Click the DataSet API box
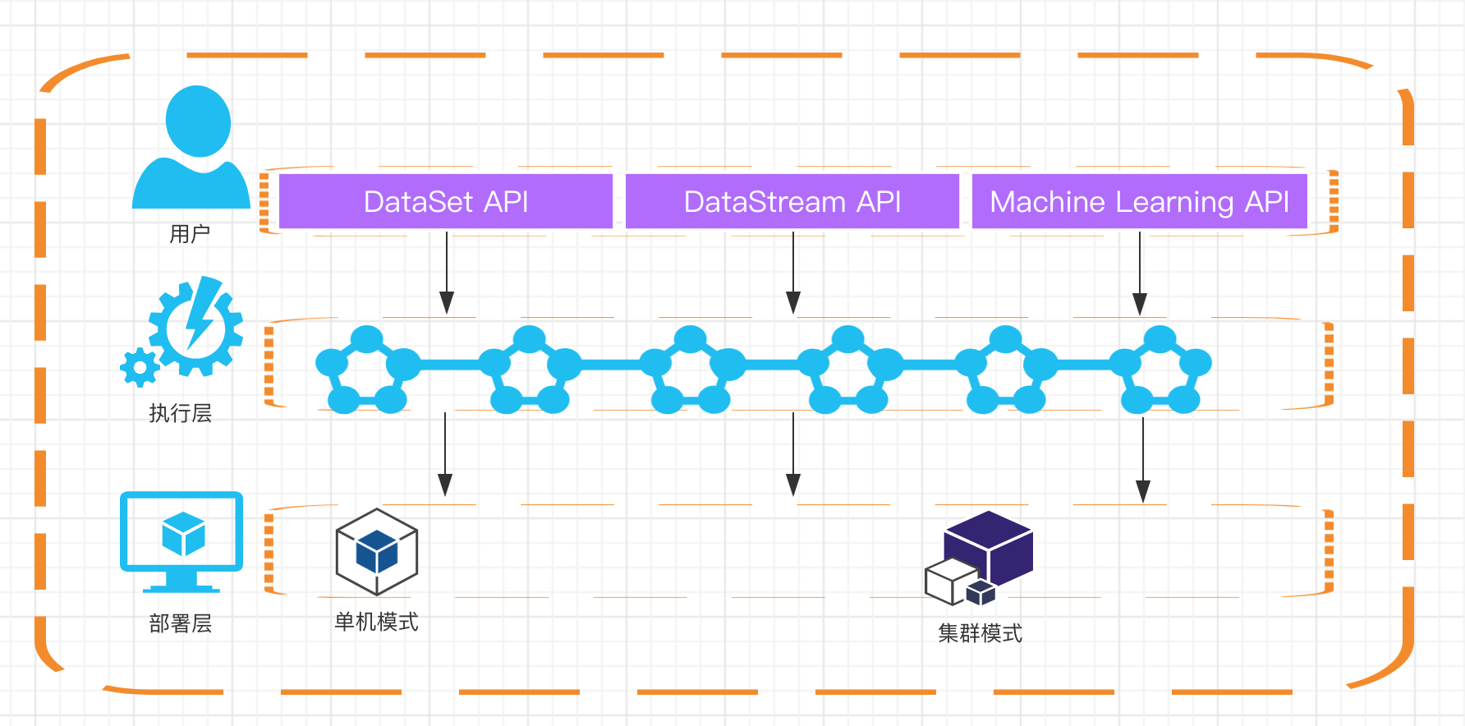pos(446,201)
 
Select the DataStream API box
pos(792,201)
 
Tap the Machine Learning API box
pos(1140,201)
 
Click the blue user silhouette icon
pos(191,147)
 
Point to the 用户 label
pos(190,234)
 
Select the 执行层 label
pos(181,413)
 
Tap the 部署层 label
pos(181,624)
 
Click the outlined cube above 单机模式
pos(377,552)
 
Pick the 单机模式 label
pos(377,622)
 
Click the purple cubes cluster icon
pos(979,558)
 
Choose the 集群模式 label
pos(980,633)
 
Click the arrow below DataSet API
pos(447,273)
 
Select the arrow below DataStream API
pos(793,273)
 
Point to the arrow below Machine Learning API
pos(1140,273)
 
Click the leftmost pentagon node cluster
pos(367,370)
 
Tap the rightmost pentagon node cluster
pos(1160,370)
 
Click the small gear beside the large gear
pos(140,367)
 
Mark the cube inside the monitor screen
pos(183,534)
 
